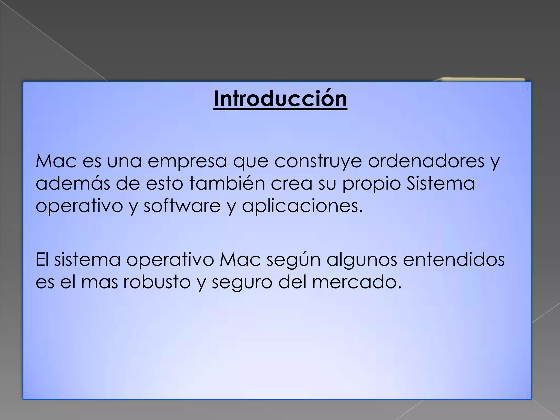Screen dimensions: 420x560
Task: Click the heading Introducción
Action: pyautogui.click(x=280, y=99)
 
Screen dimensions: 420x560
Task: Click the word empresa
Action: pyautogui.click(x=187, y=162)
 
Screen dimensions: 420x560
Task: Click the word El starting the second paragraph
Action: pyautogui.click(x=42, y=260)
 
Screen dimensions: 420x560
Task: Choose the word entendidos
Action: pyautogui.click(x=454, y=260)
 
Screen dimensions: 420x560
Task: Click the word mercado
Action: pyautogui.click(x=357, y=282)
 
